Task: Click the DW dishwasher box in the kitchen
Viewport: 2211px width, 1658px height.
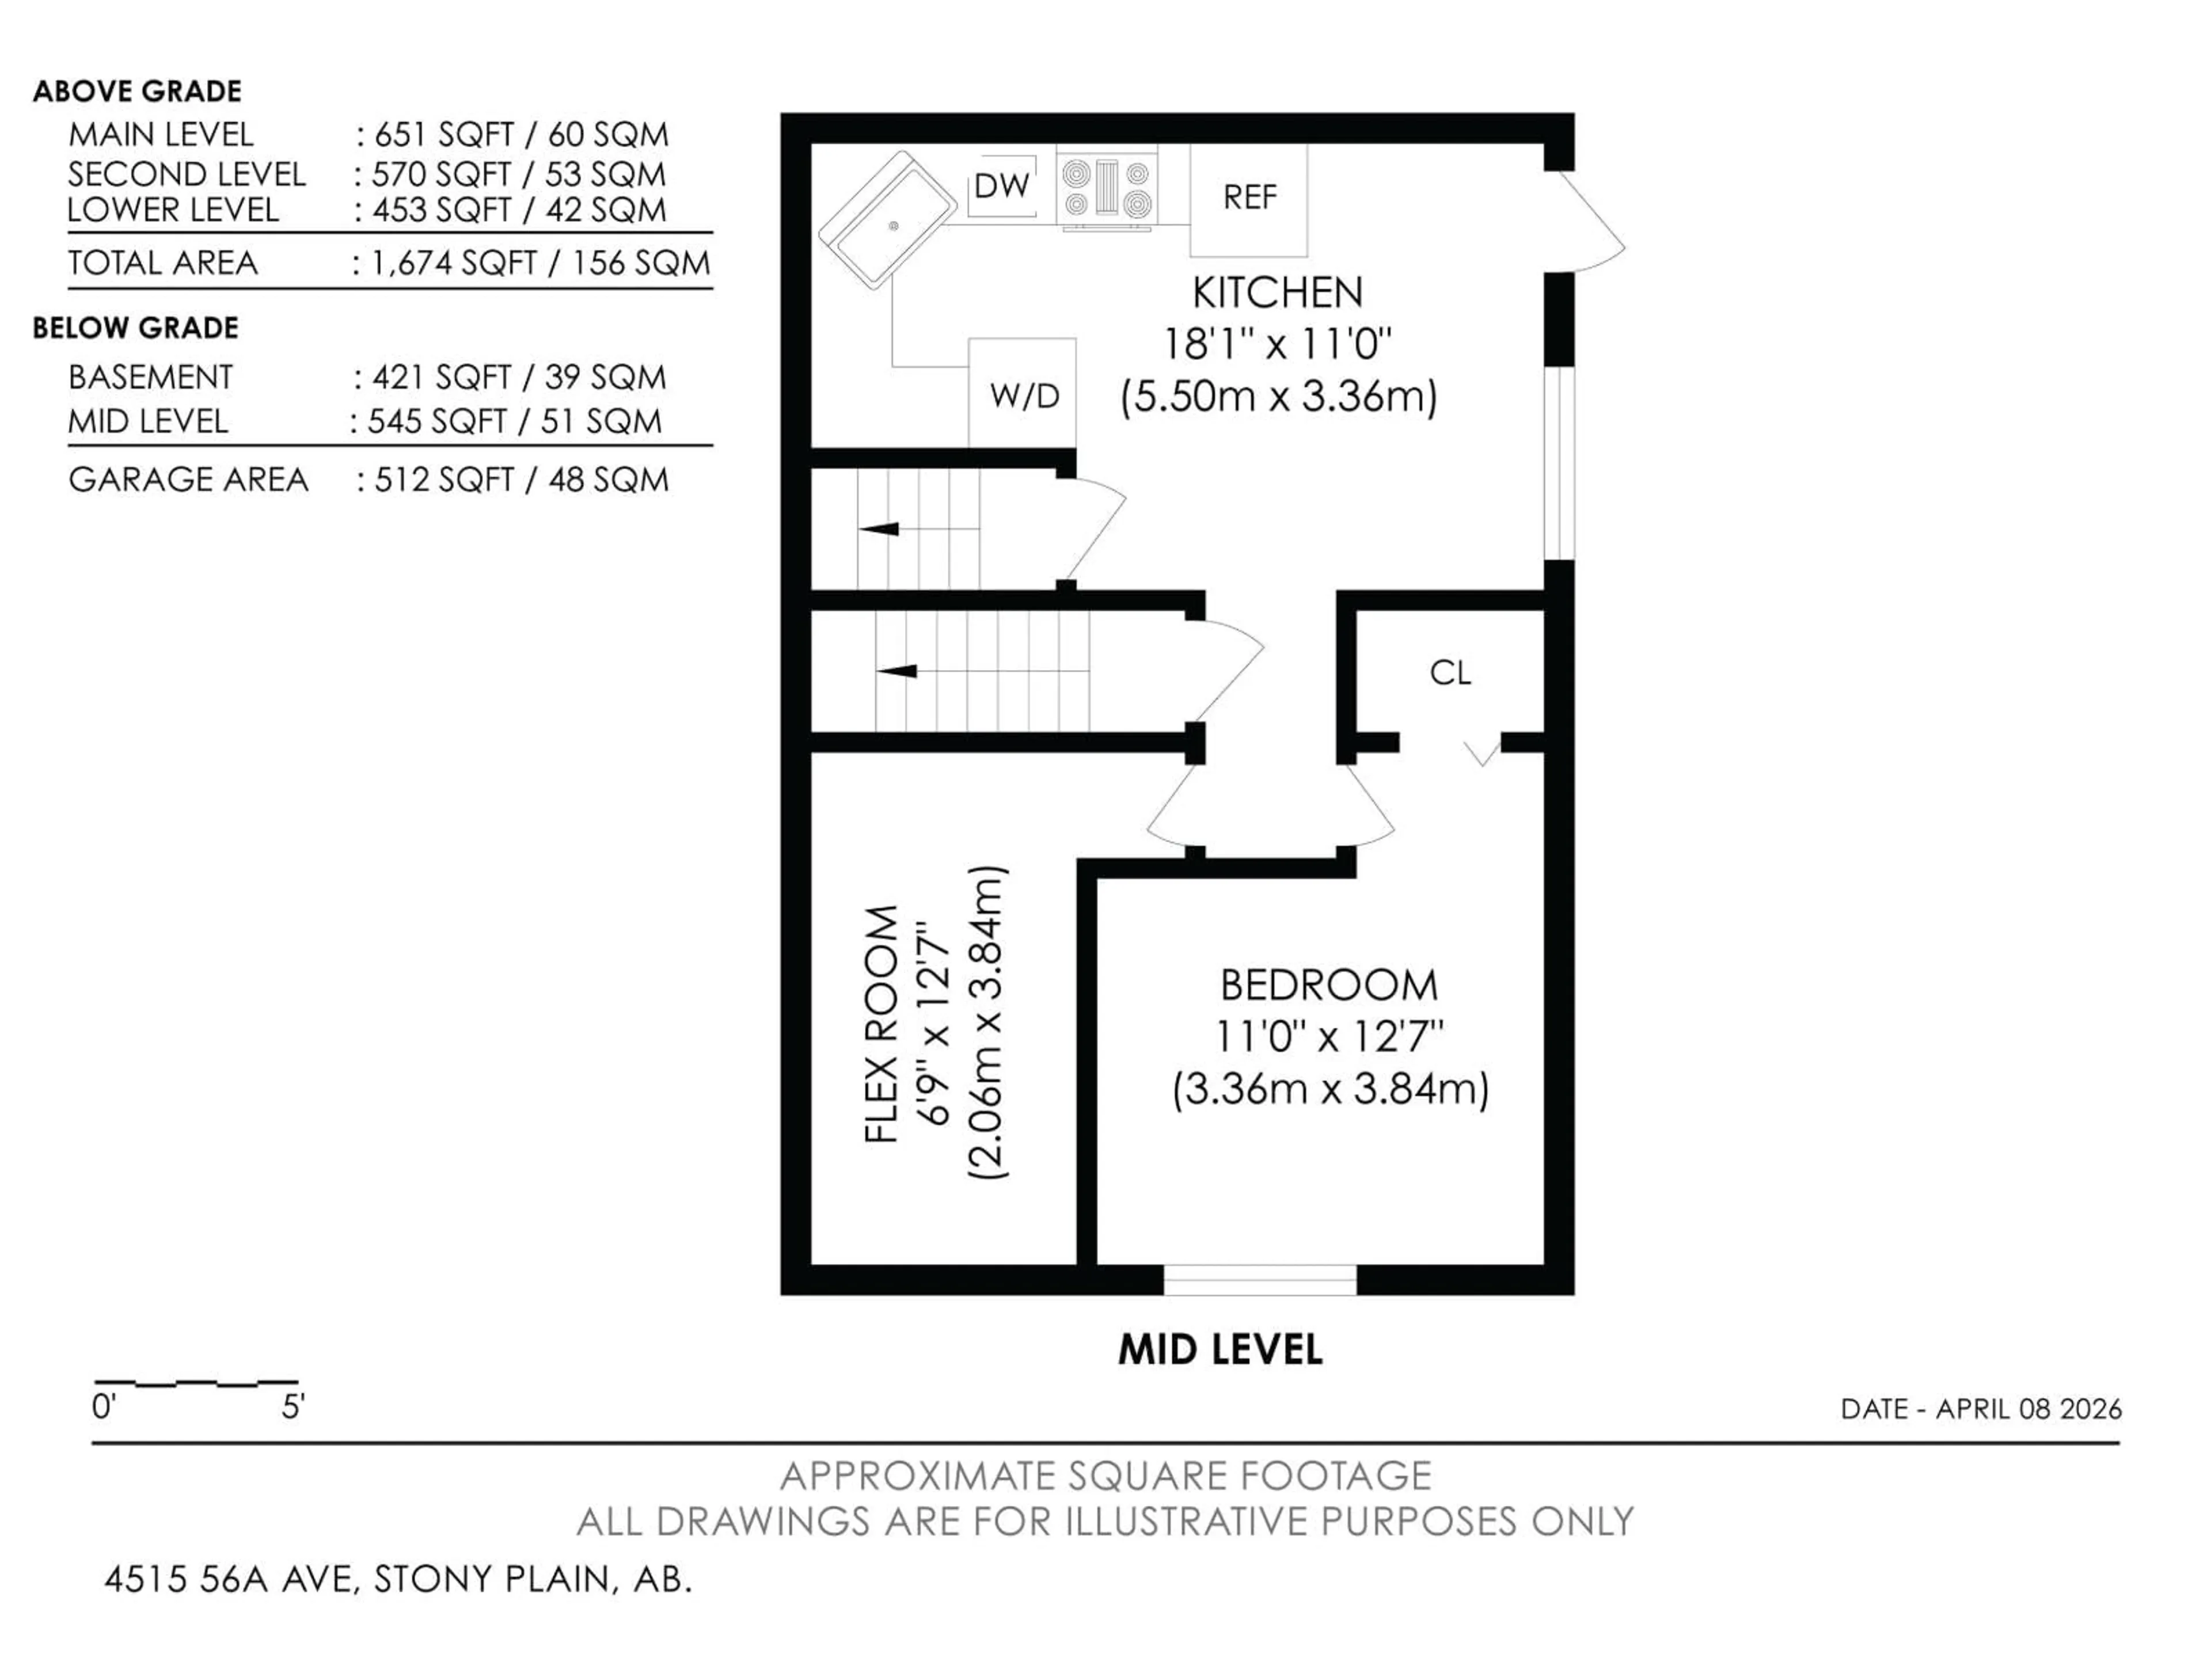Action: (x=1001, y=186)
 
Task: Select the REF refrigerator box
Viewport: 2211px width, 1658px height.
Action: (x=1248, y=198)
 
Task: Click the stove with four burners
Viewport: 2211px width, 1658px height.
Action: (x=1107, y=188)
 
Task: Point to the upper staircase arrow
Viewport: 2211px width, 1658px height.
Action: (x=880, y=528)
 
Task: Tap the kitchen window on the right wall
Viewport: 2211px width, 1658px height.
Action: (x=1559, y=465)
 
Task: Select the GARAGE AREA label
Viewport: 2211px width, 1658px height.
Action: (x=188, y=480)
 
